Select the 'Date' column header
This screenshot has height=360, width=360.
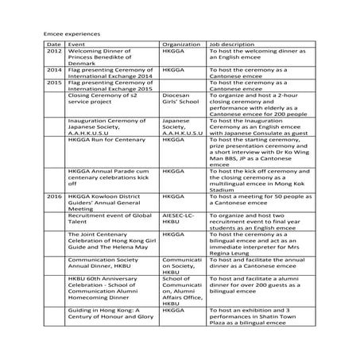tap(53, 45)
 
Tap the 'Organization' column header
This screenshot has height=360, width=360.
tap(180, 45)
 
